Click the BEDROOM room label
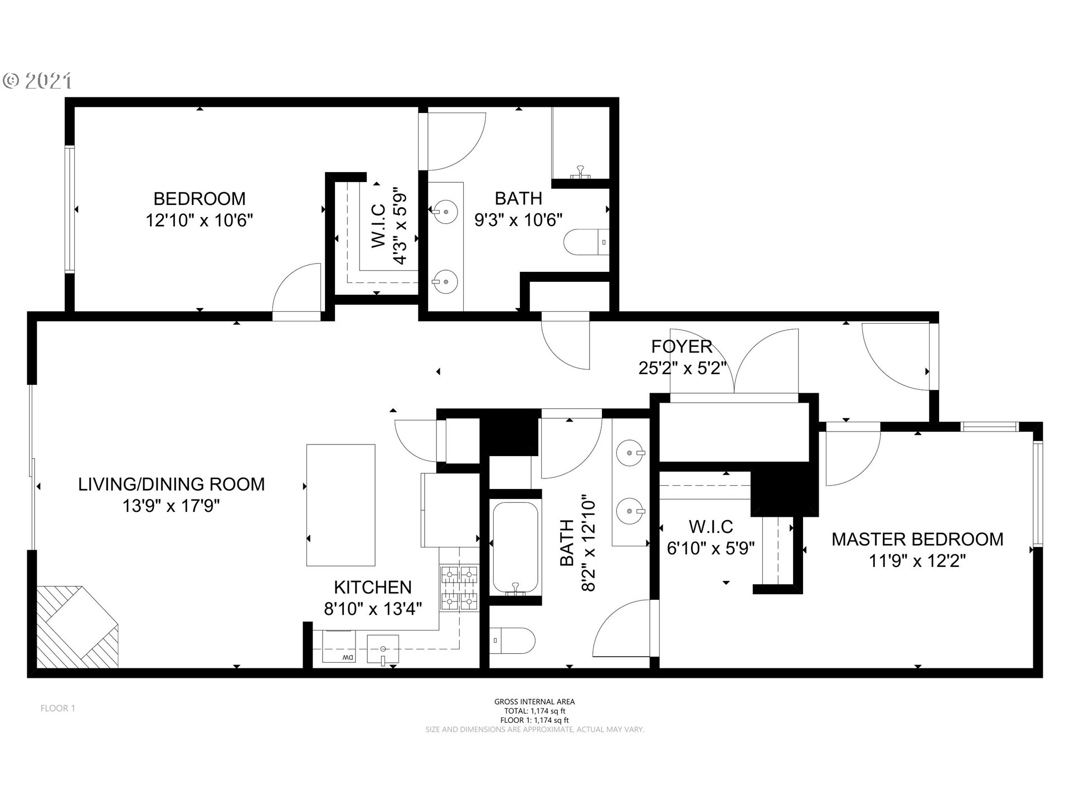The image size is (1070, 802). [200, 199]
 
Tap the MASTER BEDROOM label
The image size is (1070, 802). [917, 539]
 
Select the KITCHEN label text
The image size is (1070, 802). [373, 587]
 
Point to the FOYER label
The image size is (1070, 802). [682, 346]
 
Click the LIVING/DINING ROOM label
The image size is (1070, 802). [172, 484]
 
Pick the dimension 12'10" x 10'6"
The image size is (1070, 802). [200, 221]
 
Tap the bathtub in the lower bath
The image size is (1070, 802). [515, 548]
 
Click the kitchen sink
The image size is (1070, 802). [383, 649]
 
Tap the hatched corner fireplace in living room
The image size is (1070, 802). [77, 627]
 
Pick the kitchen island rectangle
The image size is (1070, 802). [341, 505]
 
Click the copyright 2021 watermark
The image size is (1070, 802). [37, 81]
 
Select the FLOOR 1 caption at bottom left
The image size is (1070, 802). [58, 708]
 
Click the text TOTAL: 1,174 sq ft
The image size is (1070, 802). [534, 711]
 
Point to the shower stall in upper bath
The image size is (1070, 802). [580, 144]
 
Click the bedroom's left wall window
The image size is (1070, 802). [70, 209]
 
